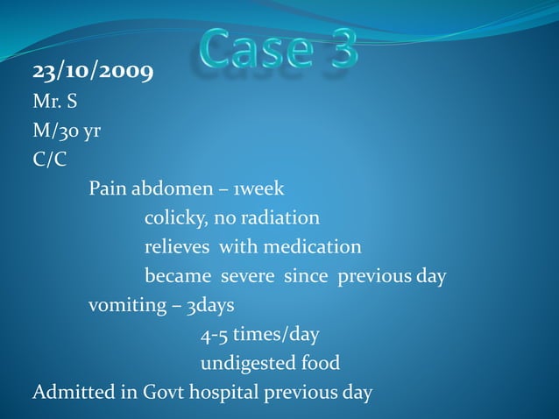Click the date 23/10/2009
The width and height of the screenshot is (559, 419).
coord(93,71)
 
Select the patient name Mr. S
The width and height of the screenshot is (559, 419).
coord(55,102)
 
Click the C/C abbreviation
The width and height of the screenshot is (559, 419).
coord(49,160)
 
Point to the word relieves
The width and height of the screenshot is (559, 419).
coord(177,247)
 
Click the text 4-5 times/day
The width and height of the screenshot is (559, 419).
coord(260,335)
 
